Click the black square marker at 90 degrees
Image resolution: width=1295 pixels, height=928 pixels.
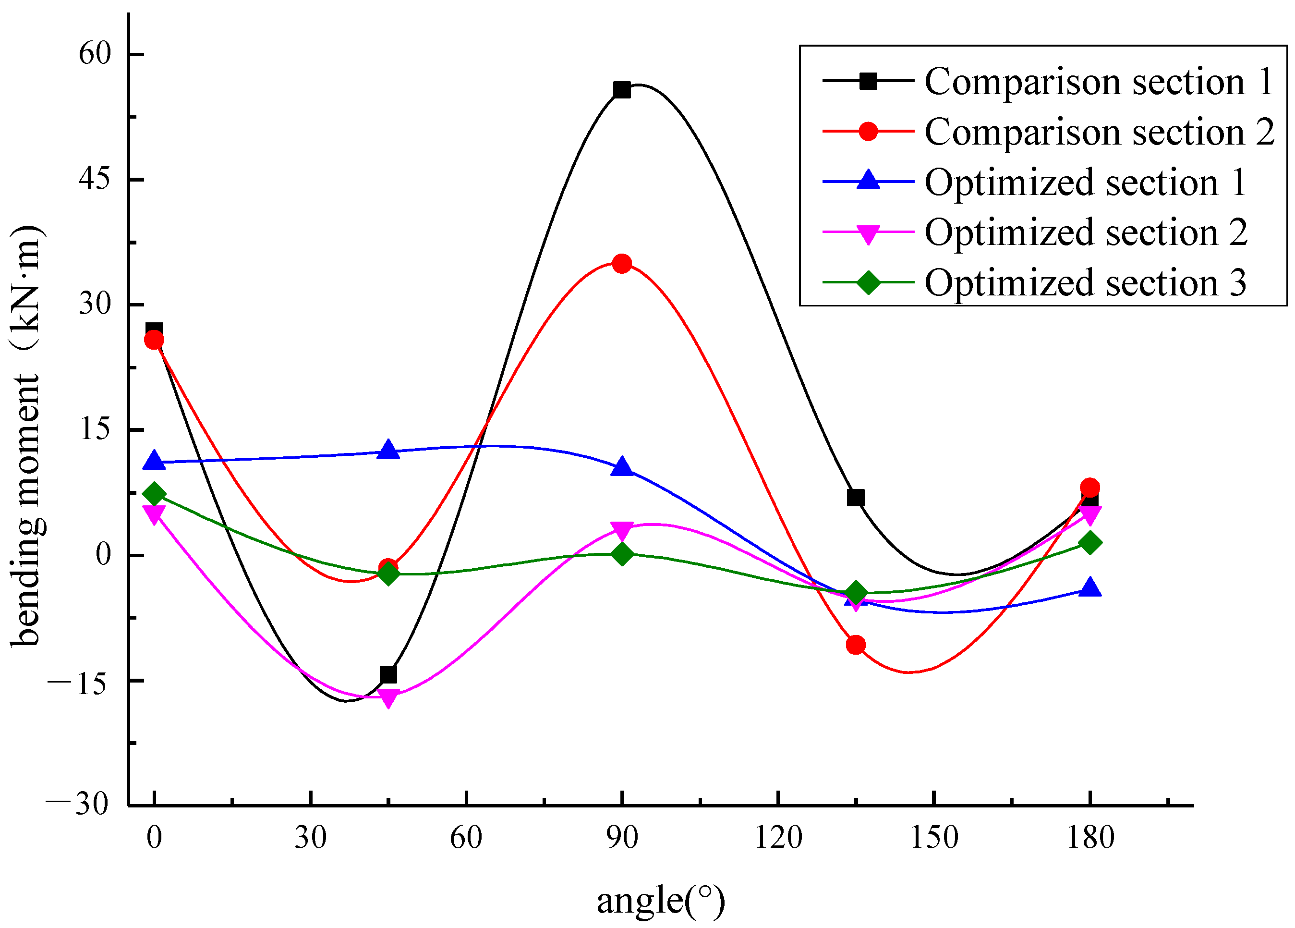coord(622,90)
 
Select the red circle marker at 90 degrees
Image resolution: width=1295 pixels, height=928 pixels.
coord(622,263)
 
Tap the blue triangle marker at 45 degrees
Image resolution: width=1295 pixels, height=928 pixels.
coord(388,450)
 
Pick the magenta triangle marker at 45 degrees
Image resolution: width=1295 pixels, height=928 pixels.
coord(388,698)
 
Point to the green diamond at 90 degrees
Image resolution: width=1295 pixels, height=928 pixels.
coord(622,554)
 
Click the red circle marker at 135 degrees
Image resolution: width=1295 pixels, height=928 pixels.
coord(855,645)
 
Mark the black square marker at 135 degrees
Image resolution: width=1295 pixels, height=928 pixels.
coord(855,498)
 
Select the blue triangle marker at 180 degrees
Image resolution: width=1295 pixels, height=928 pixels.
coord(1089,587)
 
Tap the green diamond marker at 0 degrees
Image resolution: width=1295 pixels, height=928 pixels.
coord(154,493)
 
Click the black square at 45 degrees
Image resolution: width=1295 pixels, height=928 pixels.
coord(388,674)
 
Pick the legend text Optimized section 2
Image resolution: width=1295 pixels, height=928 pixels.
coord(1085,232)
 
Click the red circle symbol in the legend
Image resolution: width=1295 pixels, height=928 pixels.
coord(868,131)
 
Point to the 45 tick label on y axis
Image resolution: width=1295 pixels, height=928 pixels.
coord(95,179)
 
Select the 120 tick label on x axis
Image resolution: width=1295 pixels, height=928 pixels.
coord(778,838)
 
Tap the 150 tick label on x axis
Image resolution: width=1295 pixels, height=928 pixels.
coord(933,838)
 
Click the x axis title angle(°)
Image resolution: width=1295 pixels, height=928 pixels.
coord(661,901)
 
